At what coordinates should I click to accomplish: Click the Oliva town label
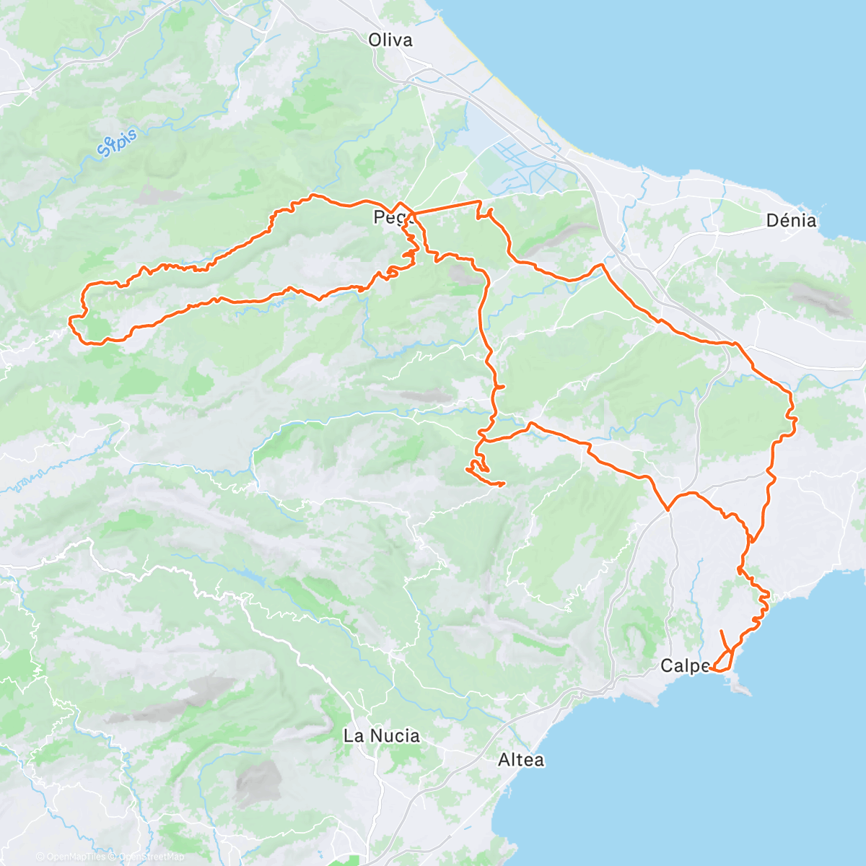(390, 40)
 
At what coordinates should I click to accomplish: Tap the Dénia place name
(791, 221)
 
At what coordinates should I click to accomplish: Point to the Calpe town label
(685, 666)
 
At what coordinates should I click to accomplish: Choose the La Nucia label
(381, 736)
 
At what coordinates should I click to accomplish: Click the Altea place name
(521, 760)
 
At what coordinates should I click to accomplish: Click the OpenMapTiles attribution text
(75, 857)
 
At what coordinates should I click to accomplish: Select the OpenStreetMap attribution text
(152, 857)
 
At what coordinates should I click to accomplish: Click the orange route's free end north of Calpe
(722, 631)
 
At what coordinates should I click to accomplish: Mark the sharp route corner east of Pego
(479, 201)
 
